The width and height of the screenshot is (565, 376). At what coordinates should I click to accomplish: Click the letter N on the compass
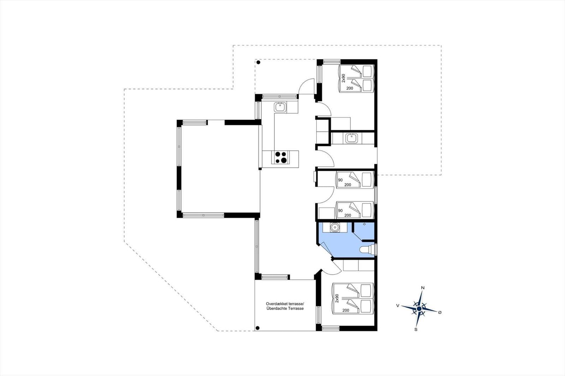coord(423,288)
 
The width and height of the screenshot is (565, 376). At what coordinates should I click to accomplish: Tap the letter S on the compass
coord(416,329)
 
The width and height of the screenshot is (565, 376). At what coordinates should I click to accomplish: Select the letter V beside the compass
coord(398,306)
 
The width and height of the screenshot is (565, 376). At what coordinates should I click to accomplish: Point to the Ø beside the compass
coord(440,313)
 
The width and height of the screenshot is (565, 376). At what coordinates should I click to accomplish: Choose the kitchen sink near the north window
coord(280,108)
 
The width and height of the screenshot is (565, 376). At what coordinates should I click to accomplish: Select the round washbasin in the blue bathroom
coord(335,228)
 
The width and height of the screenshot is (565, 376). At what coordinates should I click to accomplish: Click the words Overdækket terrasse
coord(285,304)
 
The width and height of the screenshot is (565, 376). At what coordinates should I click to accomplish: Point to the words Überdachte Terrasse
coord(285,309)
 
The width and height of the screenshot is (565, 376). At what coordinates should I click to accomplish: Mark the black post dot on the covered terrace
coord(257,328)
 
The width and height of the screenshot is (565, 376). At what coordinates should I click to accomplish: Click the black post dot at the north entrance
coord(258,62)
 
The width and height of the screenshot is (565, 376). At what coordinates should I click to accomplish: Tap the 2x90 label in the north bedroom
coord(343,78)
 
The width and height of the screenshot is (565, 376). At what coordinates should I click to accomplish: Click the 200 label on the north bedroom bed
coord(350,88)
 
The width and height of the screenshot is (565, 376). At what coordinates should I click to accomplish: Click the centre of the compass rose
coord(419,309)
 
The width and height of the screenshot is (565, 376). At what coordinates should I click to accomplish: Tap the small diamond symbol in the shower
coord(364,224)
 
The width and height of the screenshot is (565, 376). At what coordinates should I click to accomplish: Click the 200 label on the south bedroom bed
coord(346,310)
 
